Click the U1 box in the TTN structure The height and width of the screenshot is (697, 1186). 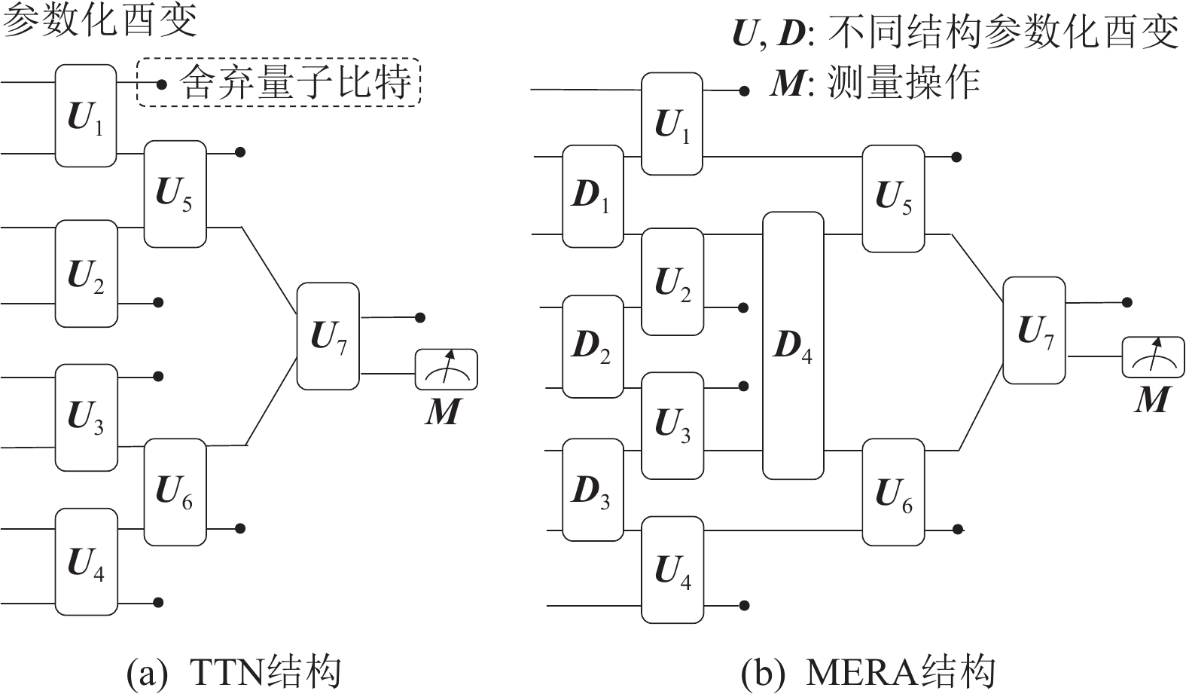pyautogui.click(x=86, y=115)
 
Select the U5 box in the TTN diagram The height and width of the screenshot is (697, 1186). pyautogui.click(x=175, y=194)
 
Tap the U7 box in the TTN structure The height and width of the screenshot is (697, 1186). pyautogui.click(x=328, y=336)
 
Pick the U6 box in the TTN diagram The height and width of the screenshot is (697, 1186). pyautogui.click(x=175, y=491)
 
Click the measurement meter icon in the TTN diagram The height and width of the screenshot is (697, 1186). pyautogui.click(x=447, y=369)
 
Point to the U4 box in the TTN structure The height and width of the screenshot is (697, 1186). pyautogui.click(x=86, y=561)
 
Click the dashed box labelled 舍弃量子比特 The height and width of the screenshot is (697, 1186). pyautogui.click(x=279, y=82)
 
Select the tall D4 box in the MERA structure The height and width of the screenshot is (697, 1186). pyautogui.click(x=793, y=345)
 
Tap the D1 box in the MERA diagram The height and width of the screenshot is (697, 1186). pyautogui.click(x=593, y=196)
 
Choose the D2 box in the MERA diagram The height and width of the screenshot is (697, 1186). pyautogui.click(x=593, y=346)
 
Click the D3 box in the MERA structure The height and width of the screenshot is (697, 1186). pyautogui.click(x=593, y=490)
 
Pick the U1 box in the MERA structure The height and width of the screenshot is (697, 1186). pyautogui.click(x=672, y=124)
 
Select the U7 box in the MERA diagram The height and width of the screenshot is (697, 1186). pyautogui.click(x=1034, y=330)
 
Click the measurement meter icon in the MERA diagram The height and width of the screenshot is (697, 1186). pyautogui.click(x=1153, y=357)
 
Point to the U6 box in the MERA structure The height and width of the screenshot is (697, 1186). pyautogui.click(x=893, y=492)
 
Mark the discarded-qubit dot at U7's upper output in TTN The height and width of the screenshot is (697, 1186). pyautogui.click(x=421, y=318)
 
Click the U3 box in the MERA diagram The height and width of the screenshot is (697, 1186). pyautogui.click(x=672, y=425)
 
